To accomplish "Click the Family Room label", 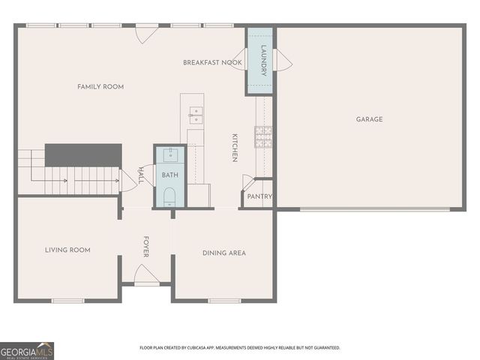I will pos(100,87).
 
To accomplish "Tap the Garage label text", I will pos(369,119).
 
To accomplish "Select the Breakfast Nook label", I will pos(212,63).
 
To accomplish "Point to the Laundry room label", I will pos(263,60).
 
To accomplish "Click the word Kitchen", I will pos(235,148).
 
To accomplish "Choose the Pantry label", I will pos(259,197).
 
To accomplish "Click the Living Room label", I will pos(67,250).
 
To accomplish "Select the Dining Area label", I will pos(224,253).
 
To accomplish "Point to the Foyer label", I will pos(145,247).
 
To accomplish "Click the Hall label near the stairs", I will pos(142,175).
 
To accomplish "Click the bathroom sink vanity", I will pos(169,156).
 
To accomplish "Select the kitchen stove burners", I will pos(263,136).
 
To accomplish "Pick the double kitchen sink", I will pos(195,115).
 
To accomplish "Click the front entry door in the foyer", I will pos(146,276).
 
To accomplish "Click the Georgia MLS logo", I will pos(27,351).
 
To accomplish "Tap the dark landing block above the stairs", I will pos(82,154).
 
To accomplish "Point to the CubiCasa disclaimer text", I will pos(240,348).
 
